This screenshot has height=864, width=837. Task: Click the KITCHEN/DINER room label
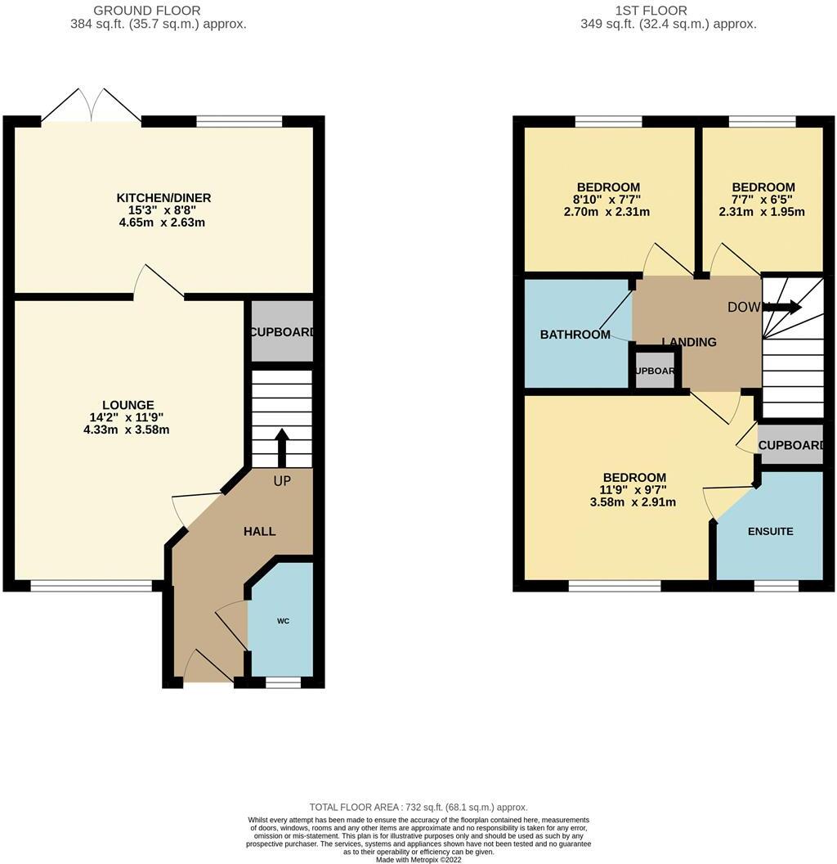click(x=163, y=198)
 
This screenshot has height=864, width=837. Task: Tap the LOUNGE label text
click(x=128, y=405)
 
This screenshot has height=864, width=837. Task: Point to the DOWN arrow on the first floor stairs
click(x=782, y=308)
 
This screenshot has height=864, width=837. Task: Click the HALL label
click(x=259, y=531)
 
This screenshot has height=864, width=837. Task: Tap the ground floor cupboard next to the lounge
click(x=281, y=332)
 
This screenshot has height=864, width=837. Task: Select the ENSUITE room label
click(x=770, y=531)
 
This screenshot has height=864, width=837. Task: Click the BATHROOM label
click(x=575, y=335)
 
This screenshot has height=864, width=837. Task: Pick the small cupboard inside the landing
click(x=656, y=371)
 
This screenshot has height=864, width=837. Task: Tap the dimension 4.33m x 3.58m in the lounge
click(x=127, y=430)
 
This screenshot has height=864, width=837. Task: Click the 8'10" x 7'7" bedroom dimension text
click(x=607, y=199)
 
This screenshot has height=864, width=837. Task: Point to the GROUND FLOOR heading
click(x=146, y=11)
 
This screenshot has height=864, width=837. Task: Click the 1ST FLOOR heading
click(x=663, y=11)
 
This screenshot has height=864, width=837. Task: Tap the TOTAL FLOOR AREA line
click(x=418, y=807)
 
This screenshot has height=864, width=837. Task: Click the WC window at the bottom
click(x=283, y=681)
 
